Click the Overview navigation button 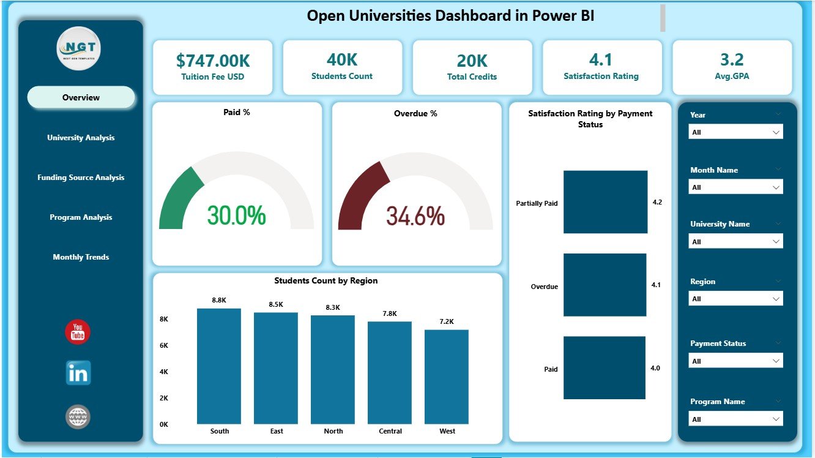coord(81,97)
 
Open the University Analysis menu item coord(81,138)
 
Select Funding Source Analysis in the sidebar coord(81,178)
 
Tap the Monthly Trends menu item coord(81,257)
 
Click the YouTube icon coord(78,332)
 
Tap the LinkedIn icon coord(78,373)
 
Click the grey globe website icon coord(78,416)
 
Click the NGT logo coord(78,48)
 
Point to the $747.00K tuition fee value coord(212,60)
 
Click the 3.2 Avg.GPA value coord(732,59)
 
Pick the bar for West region coord(447,377)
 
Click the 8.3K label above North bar coord(333,307)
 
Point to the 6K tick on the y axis coord(164,345)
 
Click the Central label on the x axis coord(390,431)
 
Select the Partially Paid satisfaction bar coord(605,202)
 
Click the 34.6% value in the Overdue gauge coord(415,216)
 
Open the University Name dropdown coord(735,242)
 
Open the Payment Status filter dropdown coord(735,361)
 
